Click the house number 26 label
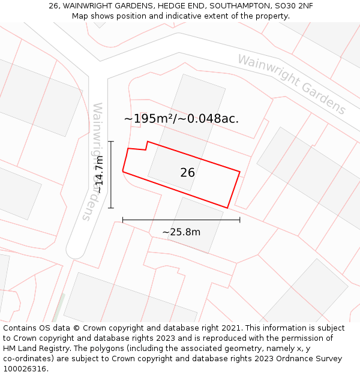[x=187, y=173]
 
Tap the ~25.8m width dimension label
[x=181, y=232]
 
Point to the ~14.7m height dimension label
[x=100, y=175]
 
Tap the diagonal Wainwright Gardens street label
[x=292, y=84]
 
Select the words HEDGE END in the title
[x=178, y=6]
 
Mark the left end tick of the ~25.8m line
[x=123, y=220]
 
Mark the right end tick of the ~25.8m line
[x=240, y=220]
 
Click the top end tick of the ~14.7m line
[x=110, y=142]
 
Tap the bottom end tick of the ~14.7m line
[x=110, y=208]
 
